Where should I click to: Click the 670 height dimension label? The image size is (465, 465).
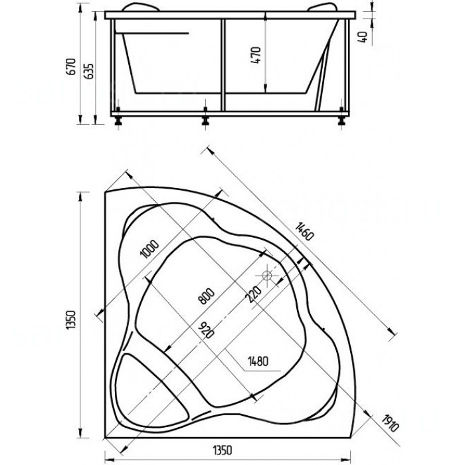[x=72, y=66]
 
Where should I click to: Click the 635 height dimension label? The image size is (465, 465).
[x=89, y=71]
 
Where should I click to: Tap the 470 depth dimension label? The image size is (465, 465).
[x=256, y=55]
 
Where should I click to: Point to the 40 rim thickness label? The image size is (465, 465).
[x=363, y=37]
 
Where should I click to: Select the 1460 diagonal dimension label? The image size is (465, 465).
[x=304, y=231]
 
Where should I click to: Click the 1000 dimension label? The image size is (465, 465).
[x=149, y=248]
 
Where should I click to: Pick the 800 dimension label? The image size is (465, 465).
[x=207, y=296]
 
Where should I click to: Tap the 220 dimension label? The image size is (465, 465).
[x=254, y=294]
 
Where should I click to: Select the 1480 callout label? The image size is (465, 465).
[x=258, y=361]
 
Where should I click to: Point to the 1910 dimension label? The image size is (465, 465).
[x=390, y=423]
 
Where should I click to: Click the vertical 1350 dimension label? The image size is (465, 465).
[x=71, y=320]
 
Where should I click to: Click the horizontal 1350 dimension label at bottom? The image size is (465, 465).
[x=223, y=450]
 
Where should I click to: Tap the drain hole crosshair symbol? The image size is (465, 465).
[x=268, y=276]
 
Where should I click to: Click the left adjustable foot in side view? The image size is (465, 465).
[x=118, y=120]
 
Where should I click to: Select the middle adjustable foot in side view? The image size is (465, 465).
[x=205, y=120]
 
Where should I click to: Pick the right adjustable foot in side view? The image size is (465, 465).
[x=342, y=120]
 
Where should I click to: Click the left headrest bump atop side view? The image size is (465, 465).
[x=141, y=7]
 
